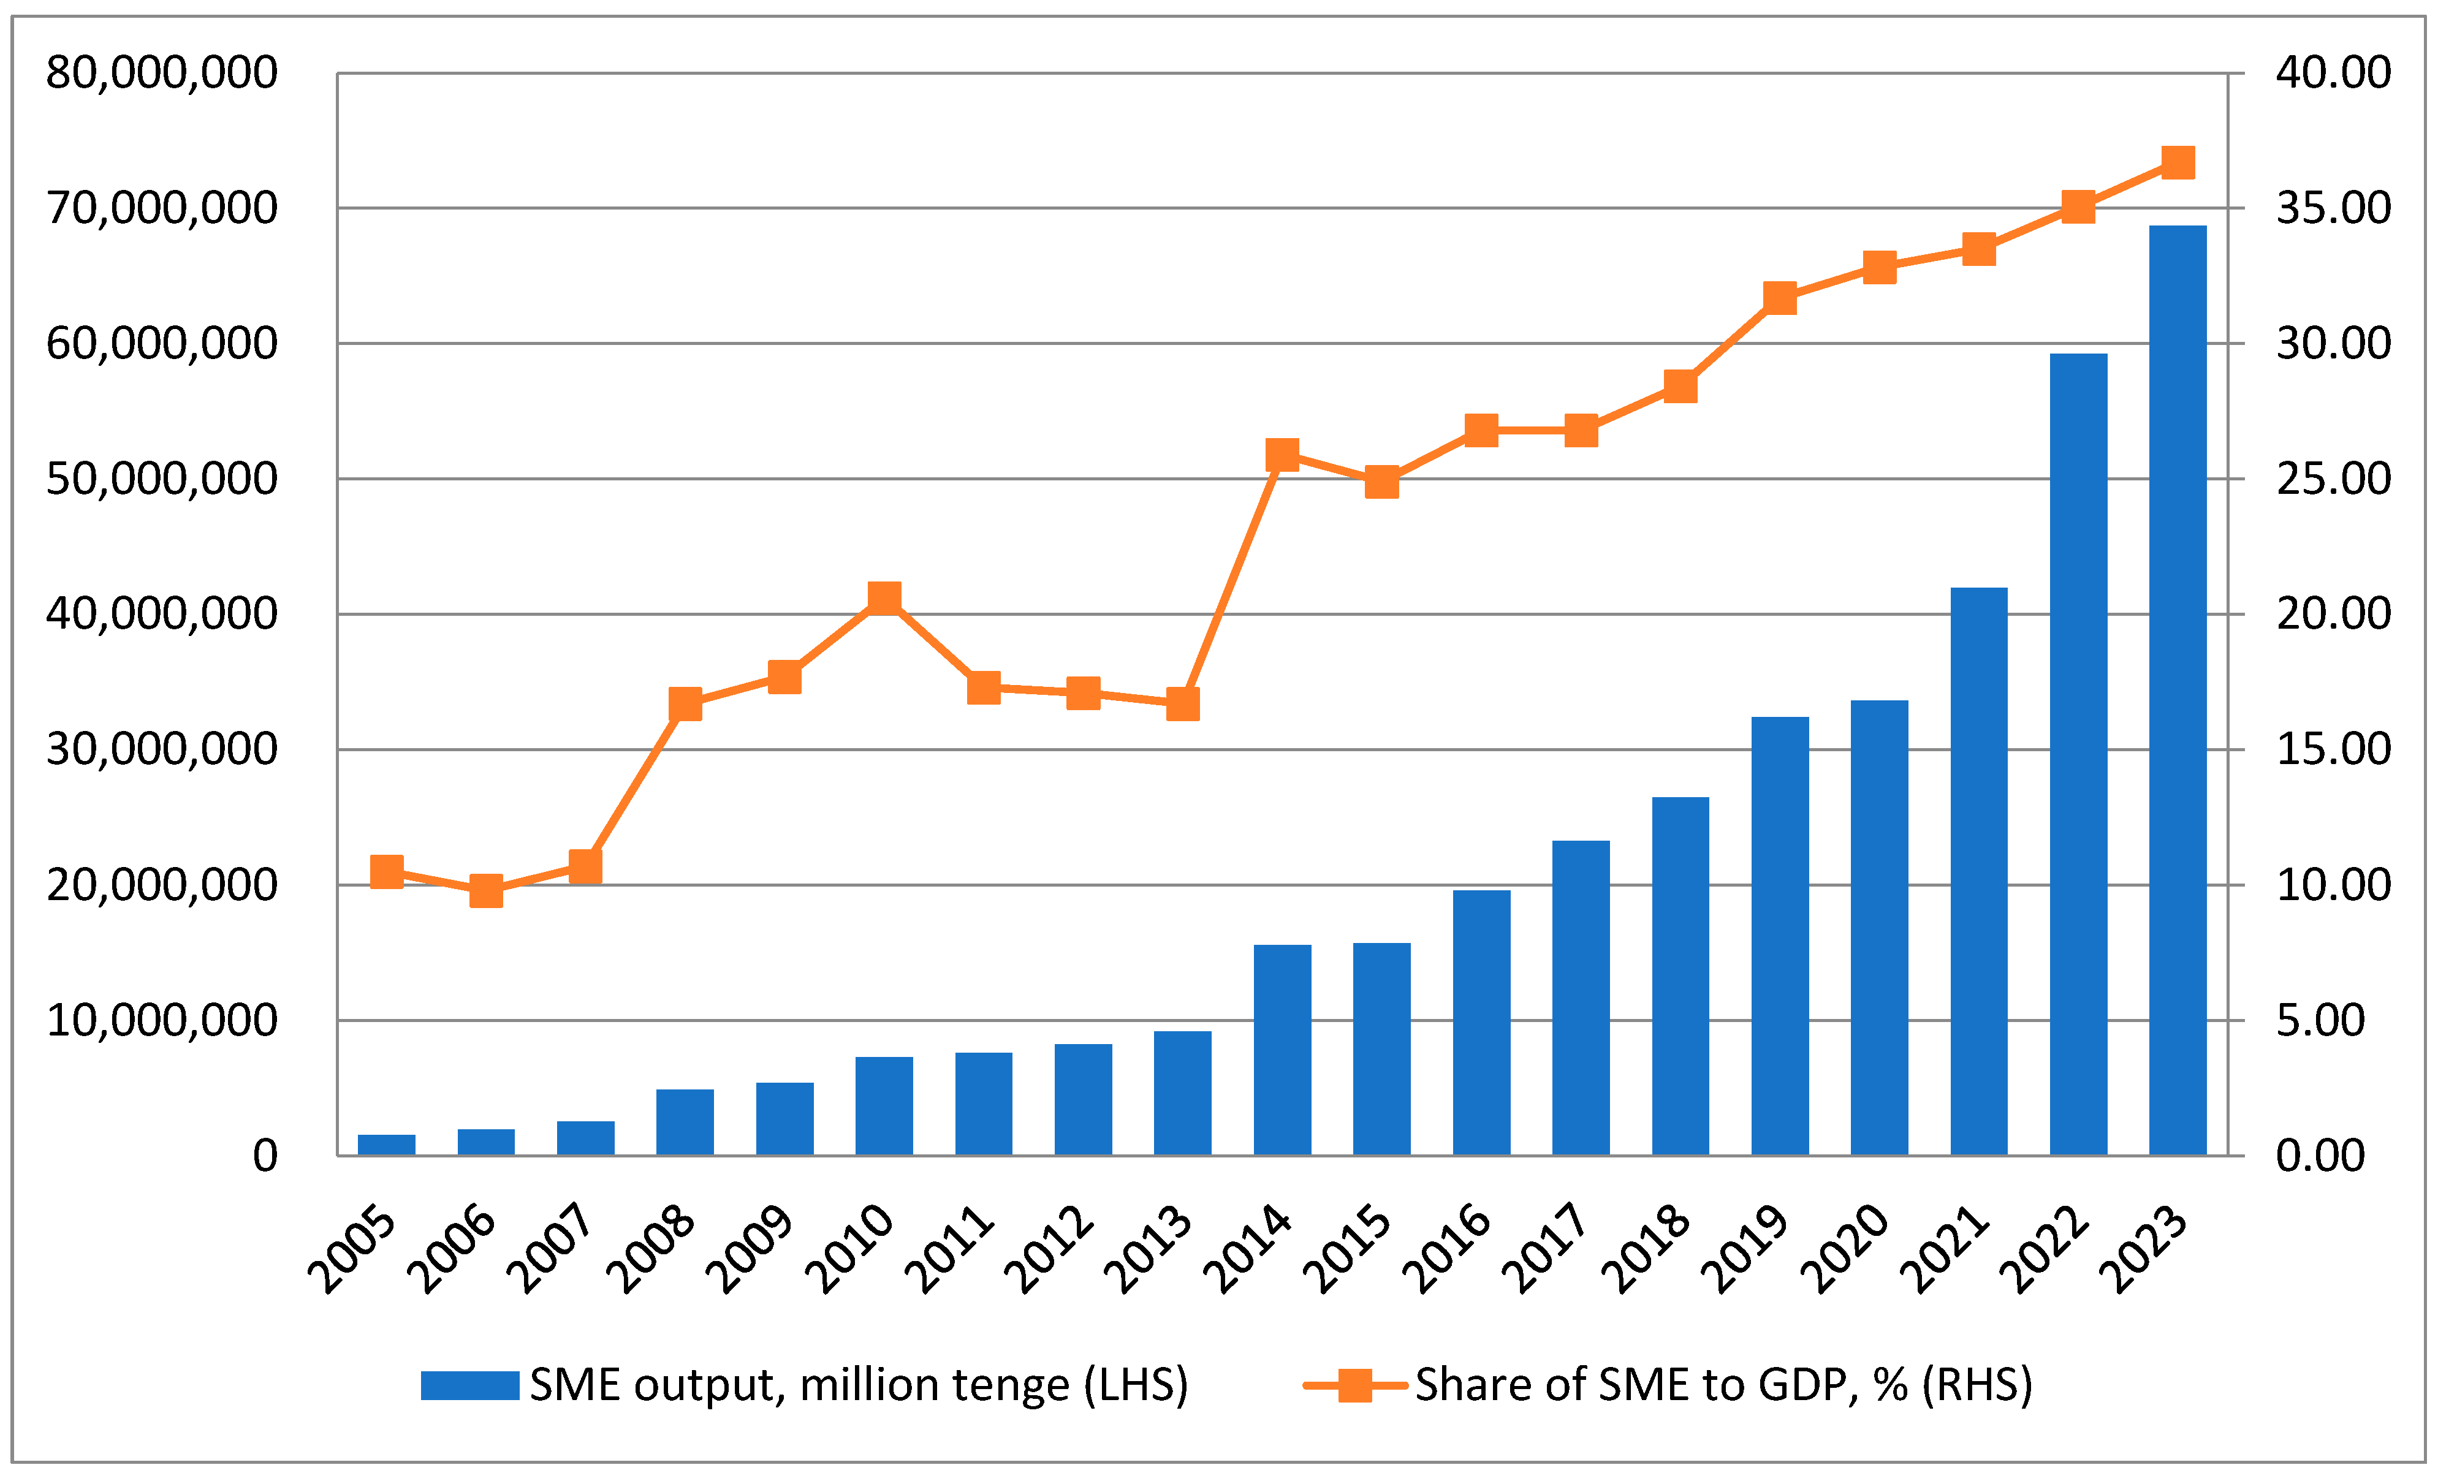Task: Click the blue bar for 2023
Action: [2177, 692]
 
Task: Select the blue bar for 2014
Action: [1282, 1051]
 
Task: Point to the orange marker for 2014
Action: [1282, 455]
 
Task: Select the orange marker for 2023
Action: [2177, 162]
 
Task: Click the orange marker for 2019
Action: [1779, 298]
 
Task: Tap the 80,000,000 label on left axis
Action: [161, 73]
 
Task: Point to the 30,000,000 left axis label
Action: [161, 750]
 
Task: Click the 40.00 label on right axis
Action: [2332, 73]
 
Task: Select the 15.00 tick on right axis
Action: [2332, 750]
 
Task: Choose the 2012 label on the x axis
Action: [1049, 1249]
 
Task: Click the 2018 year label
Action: [1646, 1249]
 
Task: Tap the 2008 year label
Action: [651, 1249]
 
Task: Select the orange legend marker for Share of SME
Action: [1354, 1385]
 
